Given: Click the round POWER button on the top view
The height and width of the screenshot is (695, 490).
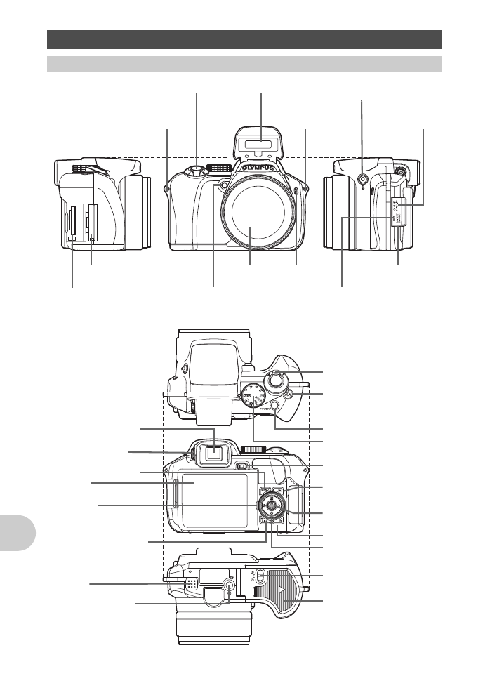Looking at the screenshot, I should click(274, 406).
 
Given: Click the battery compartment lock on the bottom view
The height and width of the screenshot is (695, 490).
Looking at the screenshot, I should click(258, 577).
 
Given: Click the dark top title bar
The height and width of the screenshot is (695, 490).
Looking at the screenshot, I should click(244, 38).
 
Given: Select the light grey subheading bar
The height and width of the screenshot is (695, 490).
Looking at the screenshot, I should click(244, 64).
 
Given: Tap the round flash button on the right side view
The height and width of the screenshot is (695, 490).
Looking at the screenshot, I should click(362, 179).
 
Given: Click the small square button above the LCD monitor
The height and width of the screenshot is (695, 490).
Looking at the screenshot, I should click(241, 465).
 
